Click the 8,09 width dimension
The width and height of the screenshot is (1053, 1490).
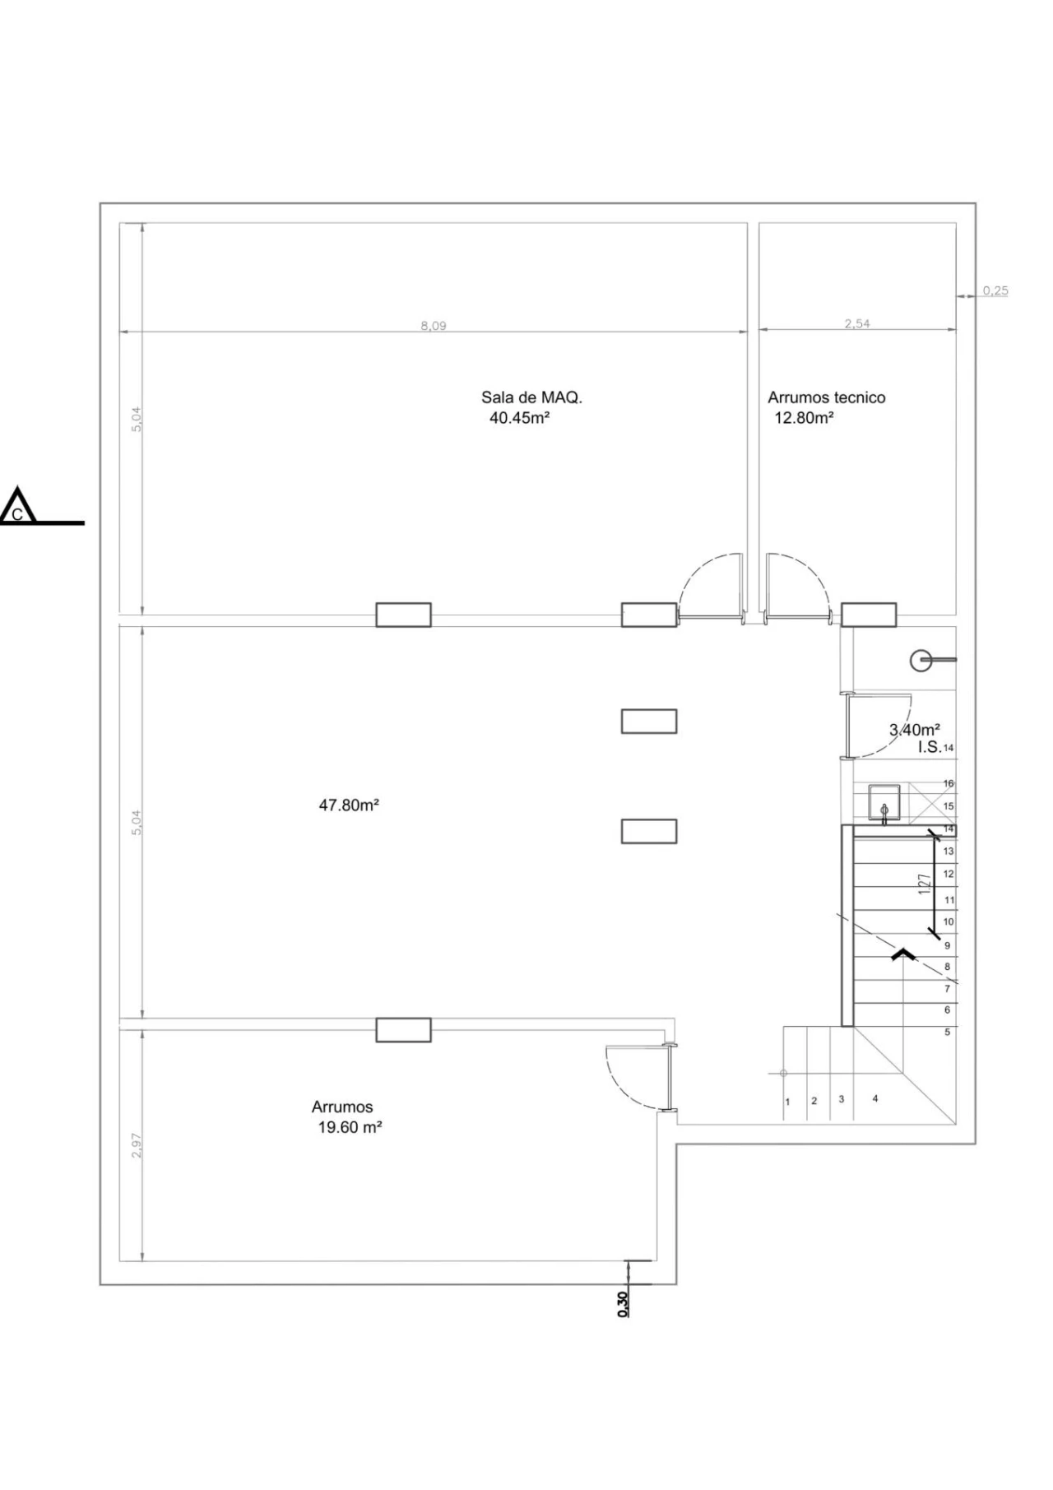point(434,326)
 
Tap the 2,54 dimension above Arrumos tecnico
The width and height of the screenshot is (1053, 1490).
point(857,324)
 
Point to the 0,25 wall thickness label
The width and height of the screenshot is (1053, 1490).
point(995,290)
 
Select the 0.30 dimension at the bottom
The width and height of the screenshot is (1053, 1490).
point(623,1304)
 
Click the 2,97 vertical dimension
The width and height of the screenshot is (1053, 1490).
point(137,1146)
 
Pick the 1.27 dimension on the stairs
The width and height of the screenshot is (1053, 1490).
point(925,884)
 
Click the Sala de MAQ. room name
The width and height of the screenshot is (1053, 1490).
point(531,397)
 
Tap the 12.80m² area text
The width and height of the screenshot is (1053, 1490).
point(804,418)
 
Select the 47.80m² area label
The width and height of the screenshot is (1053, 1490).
point(349,805)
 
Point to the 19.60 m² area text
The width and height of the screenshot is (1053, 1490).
point(350,1128)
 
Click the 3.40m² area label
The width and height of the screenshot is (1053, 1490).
point(915,730)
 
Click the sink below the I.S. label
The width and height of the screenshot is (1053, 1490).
point(884,803)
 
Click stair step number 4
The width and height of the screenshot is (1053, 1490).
point(875,1098)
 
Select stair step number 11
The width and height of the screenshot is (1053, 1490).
point(949,900)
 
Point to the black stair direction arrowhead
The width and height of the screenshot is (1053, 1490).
point(903,954)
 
